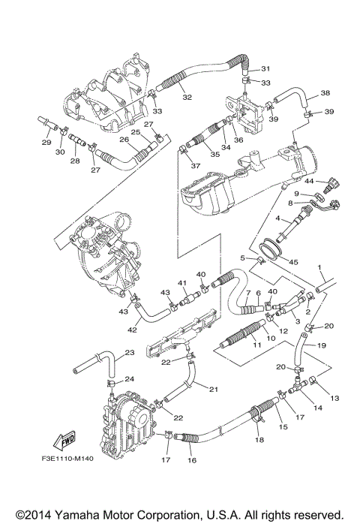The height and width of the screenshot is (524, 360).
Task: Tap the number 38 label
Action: [x=325, y=94]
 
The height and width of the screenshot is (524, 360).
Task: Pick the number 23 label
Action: [x=129, y=352]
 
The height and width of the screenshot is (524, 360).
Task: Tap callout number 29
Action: [x=46, y=142]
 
